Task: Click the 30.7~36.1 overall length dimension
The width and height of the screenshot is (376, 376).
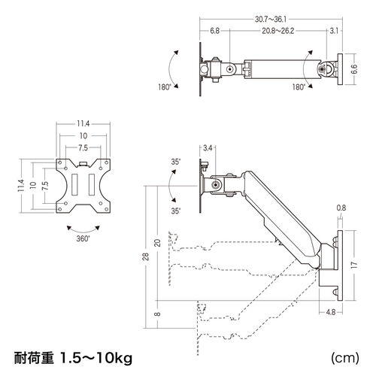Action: pyautogui.click(x=271, y=19)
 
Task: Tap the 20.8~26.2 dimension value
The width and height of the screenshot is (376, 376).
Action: pyautogui.click(x=278, y=31)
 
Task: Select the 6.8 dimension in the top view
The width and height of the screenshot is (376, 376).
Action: pyautogui.click(x=214, y=31)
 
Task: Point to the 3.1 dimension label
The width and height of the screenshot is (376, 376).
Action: pyautogui.click(x=334, y=31)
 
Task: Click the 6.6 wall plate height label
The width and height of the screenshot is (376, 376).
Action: pyautogui.click(x=354, y=69)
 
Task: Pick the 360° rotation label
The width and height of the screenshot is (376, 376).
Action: pyautogui.click(x=83, y=238)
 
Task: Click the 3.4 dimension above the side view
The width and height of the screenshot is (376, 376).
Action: pyautogui.click(x=208, y=148)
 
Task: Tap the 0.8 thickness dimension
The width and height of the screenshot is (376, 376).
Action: pyautogui.click(x=341, y=208)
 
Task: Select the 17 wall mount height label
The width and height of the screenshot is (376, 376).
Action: pyautogui.click(x=354, y=265)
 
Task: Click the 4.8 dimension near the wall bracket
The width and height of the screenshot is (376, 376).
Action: pyautogui.click(x=331, y=312)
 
